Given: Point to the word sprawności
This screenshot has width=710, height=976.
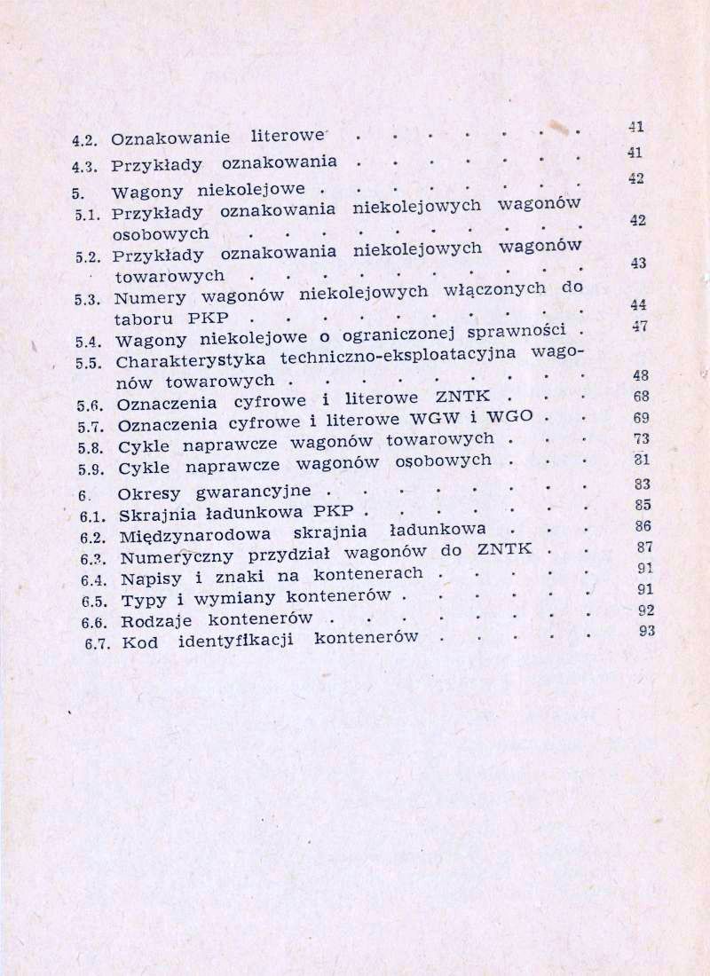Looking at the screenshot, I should (517, 334).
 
